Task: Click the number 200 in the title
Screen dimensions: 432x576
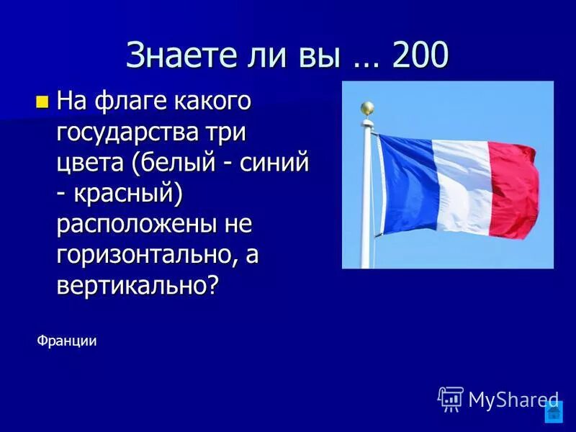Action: [420, 55]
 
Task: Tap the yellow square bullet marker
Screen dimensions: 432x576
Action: [42, 102]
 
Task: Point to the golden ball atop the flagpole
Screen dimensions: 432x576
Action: [367, 109]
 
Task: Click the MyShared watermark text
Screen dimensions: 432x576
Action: [513, 400]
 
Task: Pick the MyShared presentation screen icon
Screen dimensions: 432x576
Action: [451, 398]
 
